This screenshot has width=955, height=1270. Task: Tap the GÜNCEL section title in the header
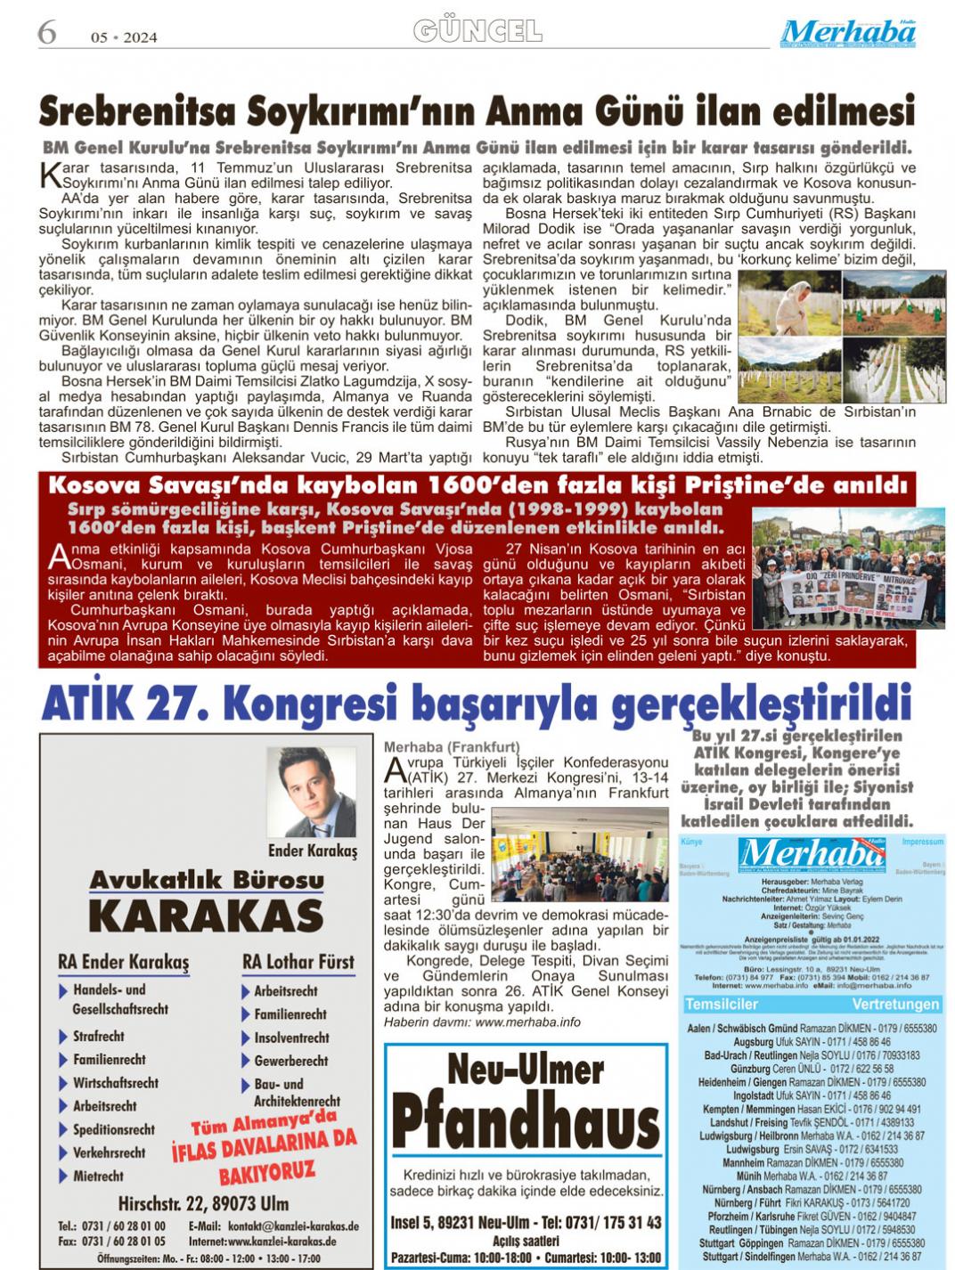[477, 32]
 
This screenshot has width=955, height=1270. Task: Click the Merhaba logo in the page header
[847, 34]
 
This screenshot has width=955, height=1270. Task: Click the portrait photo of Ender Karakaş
[311, 793]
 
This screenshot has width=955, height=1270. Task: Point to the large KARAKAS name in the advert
[206, 916]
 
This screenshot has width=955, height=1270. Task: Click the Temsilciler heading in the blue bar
[721, 1004]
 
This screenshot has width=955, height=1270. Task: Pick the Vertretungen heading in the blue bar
[894, 1004]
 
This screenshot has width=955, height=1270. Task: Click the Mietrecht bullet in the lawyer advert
[97, 1176]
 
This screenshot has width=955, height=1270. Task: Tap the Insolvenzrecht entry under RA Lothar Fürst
[291, 1038]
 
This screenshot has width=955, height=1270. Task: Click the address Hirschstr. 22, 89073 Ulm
[203, 1204]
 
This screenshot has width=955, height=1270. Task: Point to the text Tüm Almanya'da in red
[265, 1127]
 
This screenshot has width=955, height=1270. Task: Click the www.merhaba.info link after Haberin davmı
[527, 1022]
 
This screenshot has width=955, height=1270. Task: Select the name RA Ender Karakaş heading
[123, 963]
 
